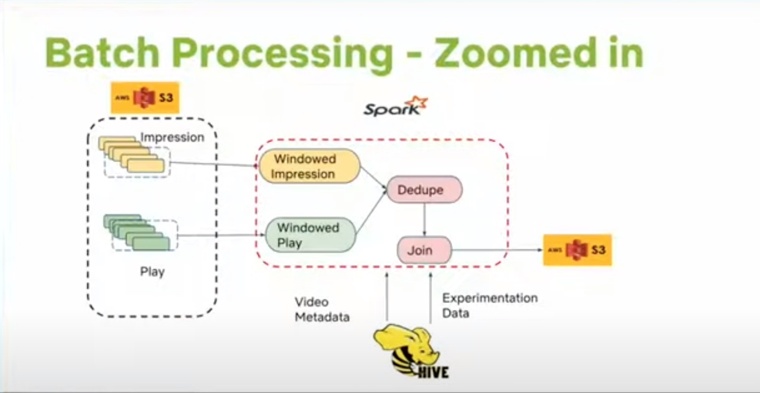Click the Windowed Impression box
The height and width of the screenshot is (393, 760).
[x=310, y=166]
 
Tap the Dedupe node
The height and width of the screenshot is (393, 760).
[x=425, y=190]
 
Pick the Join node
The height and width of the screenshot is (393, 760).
[x=424, y=250]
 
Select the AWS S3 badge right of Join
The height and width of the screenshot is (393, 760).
[x=577, y=250]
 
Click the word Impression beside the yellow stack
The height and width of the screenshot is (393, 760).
[x=172, y=137]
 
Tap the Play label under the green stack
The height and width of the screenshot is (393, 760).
[x=153, y=272]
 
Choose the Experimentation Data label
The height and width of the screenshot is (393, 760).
[x=489, y=305]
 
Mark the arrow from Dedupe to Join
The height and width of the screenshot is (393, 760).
[x=424, y=219]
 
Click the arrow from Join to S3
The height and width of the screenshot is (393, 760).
[x=497, y=250]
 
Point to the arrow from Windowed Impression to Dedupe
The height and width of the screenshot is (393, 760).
[x=374, y=178]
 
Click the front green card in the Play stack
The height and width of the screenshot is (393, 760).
[x=150, y=244]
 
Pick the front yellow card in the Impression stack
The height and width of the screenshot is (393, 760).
[x=146, y=166]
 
